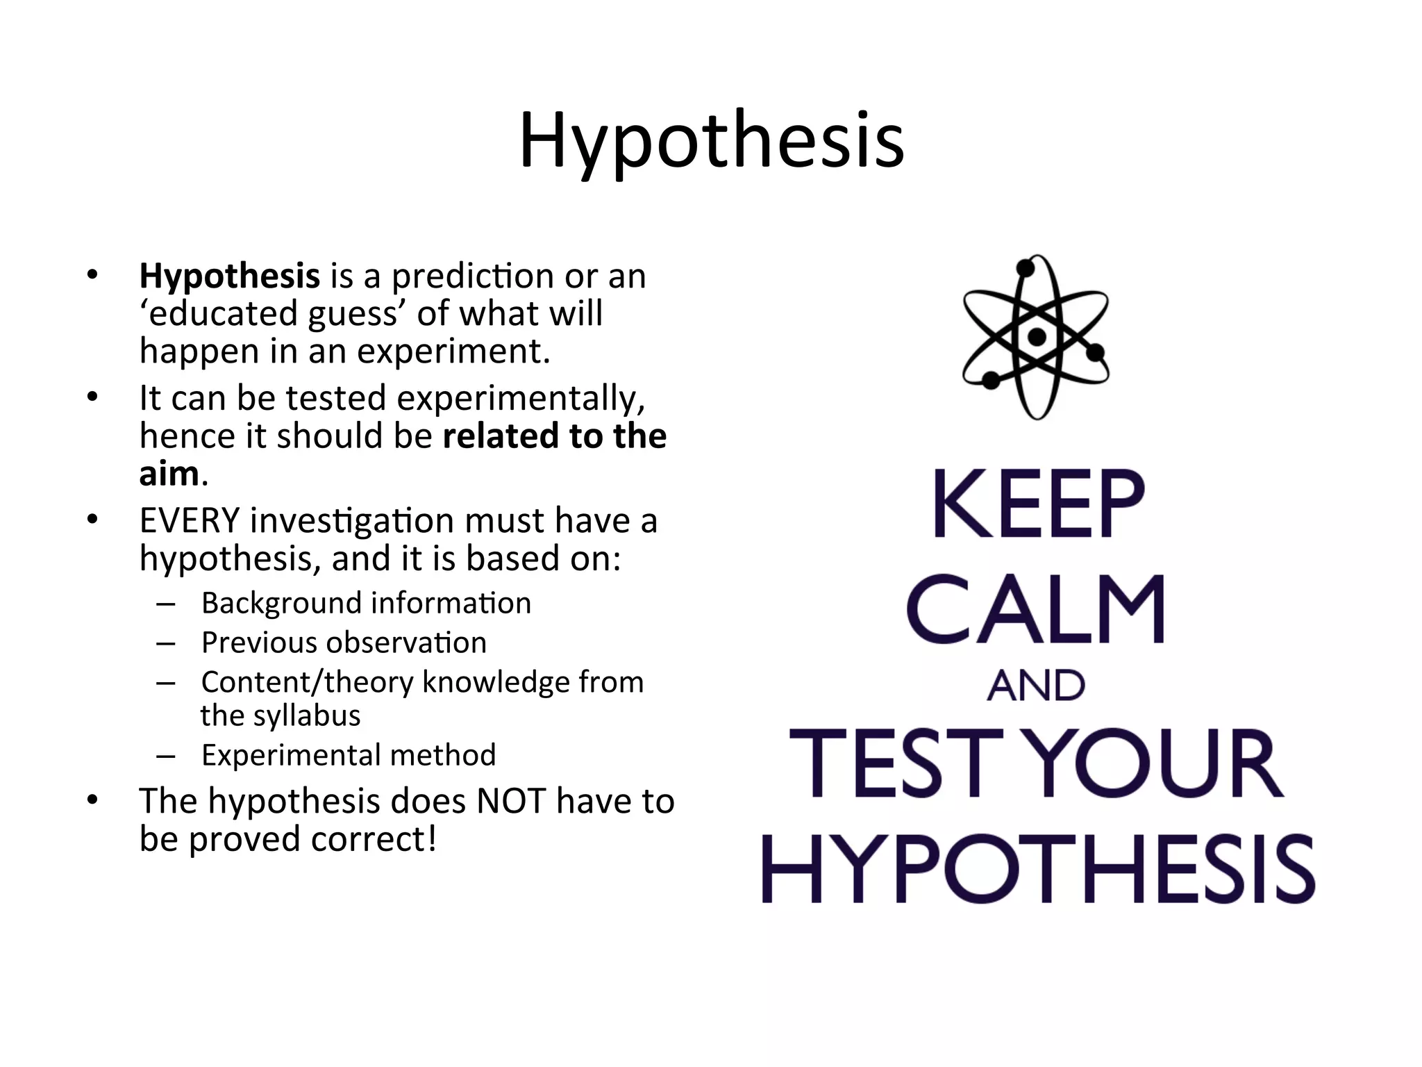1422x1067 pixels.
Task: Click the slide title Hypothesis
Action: click(x=711, y=141)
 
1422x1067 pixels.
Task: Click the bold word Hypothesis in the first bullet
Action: click(x=229, y=277)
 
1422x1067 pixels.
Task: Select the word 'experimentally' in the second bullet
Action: click(x=520, y=399)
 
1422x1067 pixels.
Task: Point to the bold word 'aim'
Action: click(x=169, y=474)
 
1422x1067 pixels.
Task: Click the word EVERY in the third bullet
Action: click(x=189, y=521)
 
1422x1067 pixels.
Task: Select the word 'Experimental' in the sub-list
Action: click(x=290, y=756)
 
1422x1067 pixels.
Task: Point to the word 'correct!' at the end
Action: click(x=374, y=840)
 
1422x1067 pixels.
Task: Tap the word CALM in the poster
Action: click(x=1036, y=609)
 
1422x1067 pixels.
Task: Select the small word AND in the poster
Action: click(x=1036, y=686)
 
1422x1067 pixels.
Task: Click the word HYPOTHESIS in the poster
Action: click(x=1037, y=869)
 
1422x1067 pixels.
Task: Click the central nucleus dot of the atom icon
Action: click(x=1037, y=338)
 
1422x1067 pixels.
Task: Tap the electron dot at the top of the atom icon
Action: click(x=1026, y=268)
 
